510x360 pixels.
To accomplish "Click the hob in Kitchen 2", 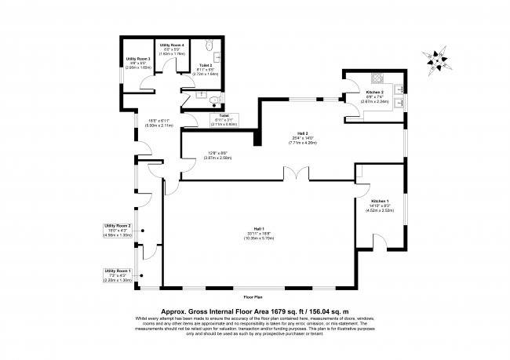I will (375, 78).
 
